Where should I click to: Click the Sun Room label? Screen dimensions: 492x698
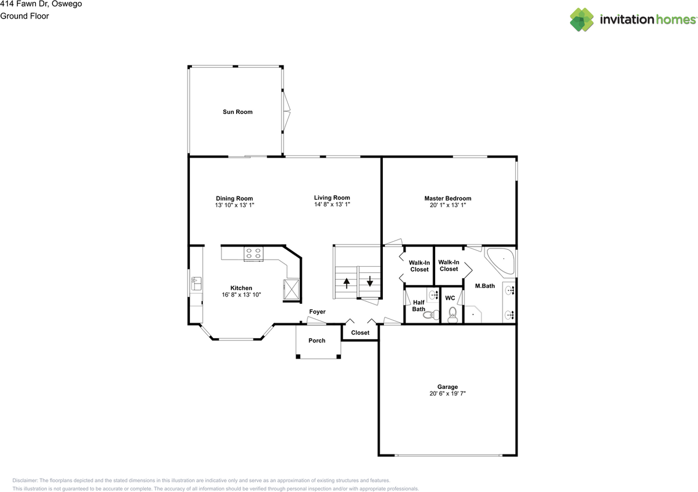pyautogui.click(x=237, y=112)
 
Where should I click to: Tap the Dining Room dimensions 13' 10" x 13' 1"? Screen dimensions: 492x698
pyautogui.click(x=234, y=205)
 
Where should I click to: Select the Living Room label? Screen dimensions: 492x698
pyautogui.click(x=332, y=197)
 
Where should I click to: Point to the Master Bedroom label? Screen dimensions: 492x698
pyautogui.click(x=448, y=198)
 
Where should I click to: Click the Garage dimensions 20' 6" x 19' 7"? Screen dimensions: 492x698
pyautogui.click(x=447, y=393)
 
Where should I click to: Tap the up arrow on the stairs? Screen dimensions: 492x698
pyautogui.click(x=346, y=283)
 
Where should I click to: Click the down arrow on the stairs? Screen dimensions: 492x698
pyautogui.click(x=370, y=282)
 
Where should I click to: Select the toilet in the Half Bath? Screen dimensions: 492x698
pyautogui.click(x=434, y=315)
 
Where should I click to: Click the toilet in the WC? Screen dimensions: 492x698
pyautogui.click(x=453, y=315)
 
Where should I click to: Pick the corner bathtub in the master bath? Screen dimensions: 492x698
pyautogui.click(x=501, y=260)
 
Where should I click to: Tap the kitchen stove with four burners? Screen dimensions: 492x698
pyautogui.click(x=254, y=253)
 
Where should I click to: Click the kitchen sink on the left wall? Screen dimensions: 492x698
pyautogui.click(x=196, y=284)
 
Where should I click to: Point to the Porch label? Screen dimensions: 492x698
pyautogui.click(x=317, y=340)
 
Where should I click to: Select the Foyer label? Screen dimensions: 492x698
pyautogui.click(x=317, y=311)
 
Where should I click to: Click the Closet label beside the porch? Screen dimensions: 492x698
pyautogui.click(x=360, y=332)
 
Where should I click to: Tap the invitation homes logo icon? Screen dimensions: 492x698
pyautogui.click(x=582, y=20)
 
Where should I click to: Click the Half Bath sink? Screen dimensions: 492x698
pyautogui.click(x=434, y=295)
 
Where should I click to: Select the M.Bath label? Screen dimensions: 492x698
pyautogui.click(x=484, y=285)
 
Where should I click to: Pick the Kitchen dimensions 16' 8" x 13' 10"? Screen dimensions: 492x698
pyautogui.click(x=241, y=295)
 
